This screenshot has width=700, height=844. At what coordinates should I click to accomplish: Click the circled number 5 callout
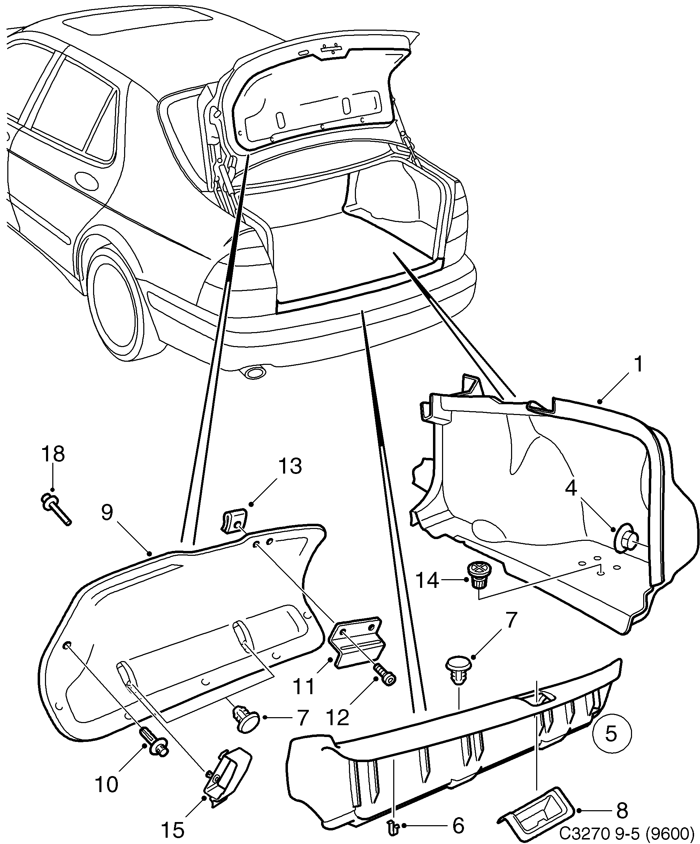point(611,734)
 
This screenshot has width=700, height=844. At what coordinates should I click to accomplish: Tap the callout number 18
point(53,454)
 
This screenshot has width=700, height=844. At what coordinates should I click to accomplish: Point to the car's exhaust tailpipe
point(253,373)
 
